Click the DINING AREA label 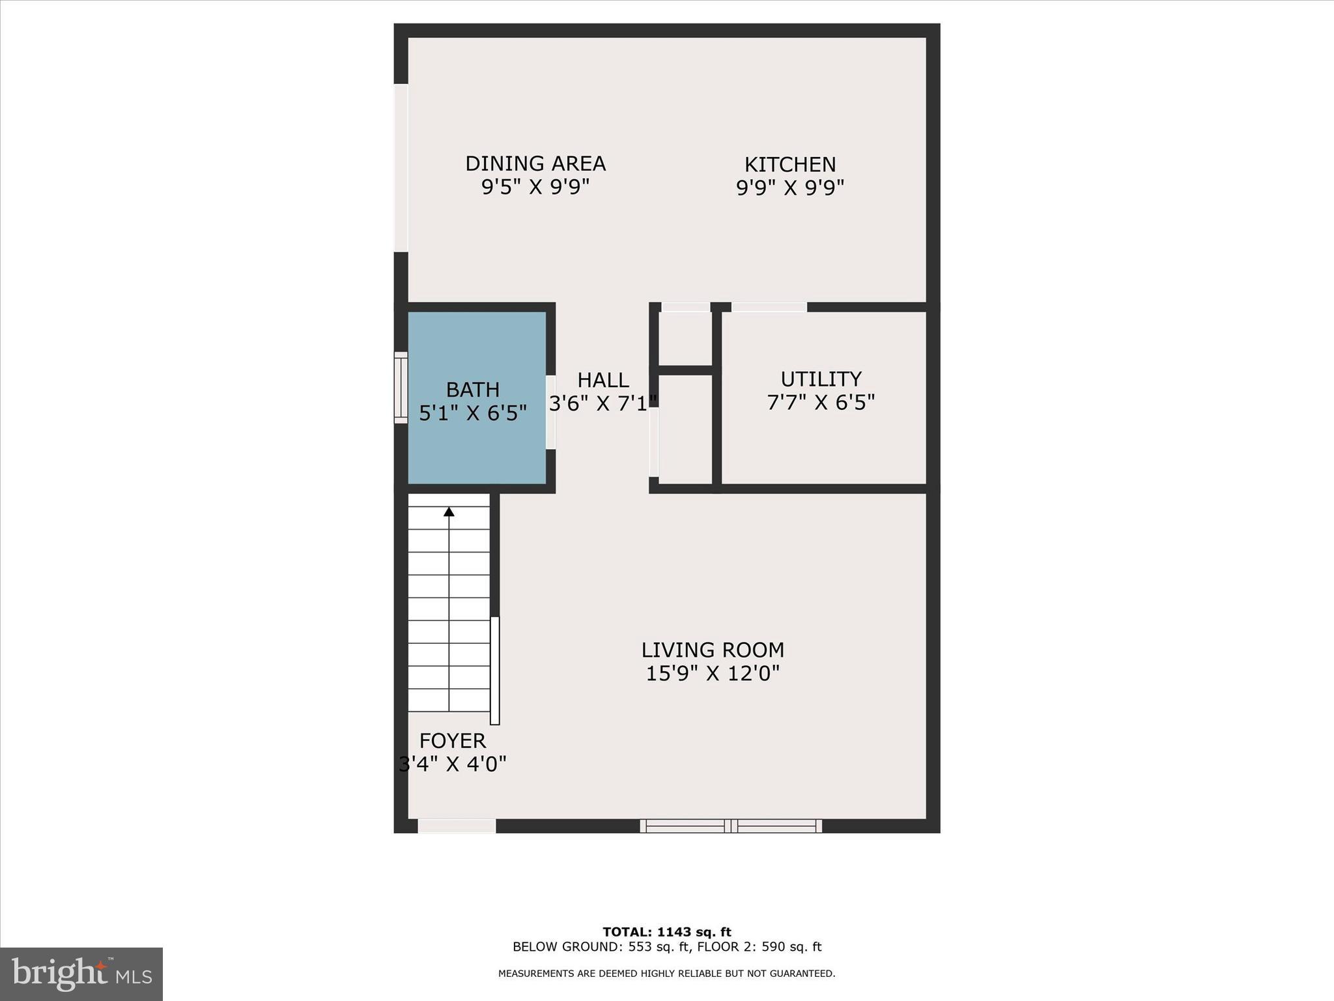click(x=535, y=164)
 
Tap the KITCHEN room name click(x=789, y=164)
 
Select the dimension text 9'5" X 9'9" click(x=535, y=188)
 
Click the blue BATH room click(x=477, y=443)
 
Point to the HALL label click(x=603, y=380)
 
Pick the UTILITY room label click(x=821, y=379)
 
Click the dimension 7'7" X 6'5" click(x=821, y=403)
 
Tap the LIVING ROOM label click(x=713, y=650)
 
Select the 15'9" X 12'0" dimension click(x=713, y=673)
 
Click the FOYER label click(x=452, y=740)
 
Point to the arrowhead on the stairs click(x=449, y=512)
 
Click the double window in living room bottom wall click(x=731, y=826)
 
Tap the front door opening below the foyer click(x=457, y=826)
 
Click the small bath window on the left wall click(x=401, y=388)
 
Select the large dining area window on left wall click(x=401, y=167)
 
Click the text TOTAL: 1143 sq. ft click(x=666, y=932)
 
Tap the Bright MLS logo click(x=81, y=974)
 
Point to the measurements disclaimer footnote click(x=666, y=974)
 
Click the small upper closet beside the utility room click(x=685, y=338)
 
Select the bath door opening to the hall click(x=550, y=413)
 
